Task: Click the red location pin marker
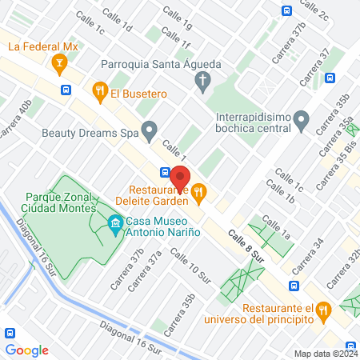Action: coord(180,177)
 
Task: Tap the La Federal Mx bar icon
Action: coord(58,62)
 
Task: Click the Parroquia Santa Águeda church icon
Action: coord(204,79)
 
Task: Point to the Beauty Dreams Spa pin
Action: coord(149,129)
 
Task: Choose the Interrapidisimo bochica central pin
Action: coord(301,122)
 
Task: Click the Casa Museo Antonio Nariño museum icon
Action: coord(115,221)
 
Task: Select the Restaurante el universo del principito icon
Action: coord(322,309)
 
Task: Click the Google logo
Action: coord(27,350)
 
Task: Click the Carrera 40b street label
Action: coord(16,117)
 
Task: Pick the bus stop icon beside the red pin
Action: coord(164,171)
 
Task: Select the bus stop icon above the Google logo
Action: coord(10,333)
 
